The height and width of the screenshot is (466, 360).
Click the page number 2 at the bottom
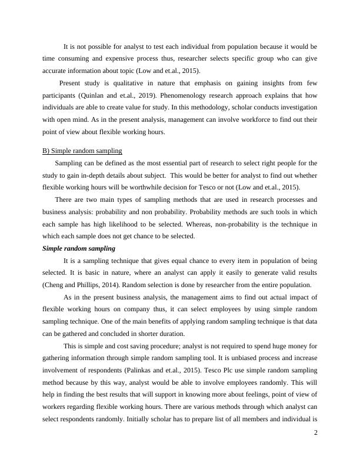coord(316,432)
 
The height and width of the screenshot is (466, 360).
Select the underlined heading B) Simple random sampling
coord(82,151)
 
